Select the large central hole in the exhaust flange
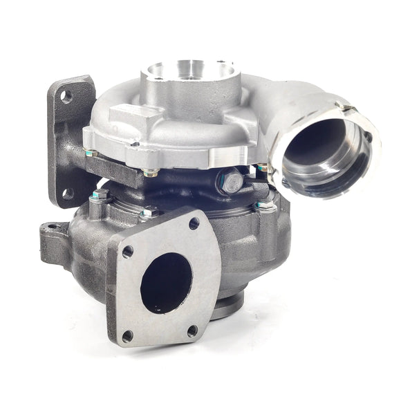(165, 282)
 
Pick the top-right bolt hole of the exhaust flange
(194, 223)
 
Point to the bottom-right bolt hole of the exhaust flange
(192, 330)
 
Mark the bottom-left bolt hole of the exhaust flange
(127, 336)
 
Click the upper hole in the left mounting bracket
(66, 97)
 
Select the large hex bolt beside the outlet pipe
(230, 183)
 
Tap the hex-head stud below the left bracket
(99, 197)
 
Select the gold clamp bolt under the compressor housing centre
(153, 171)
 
